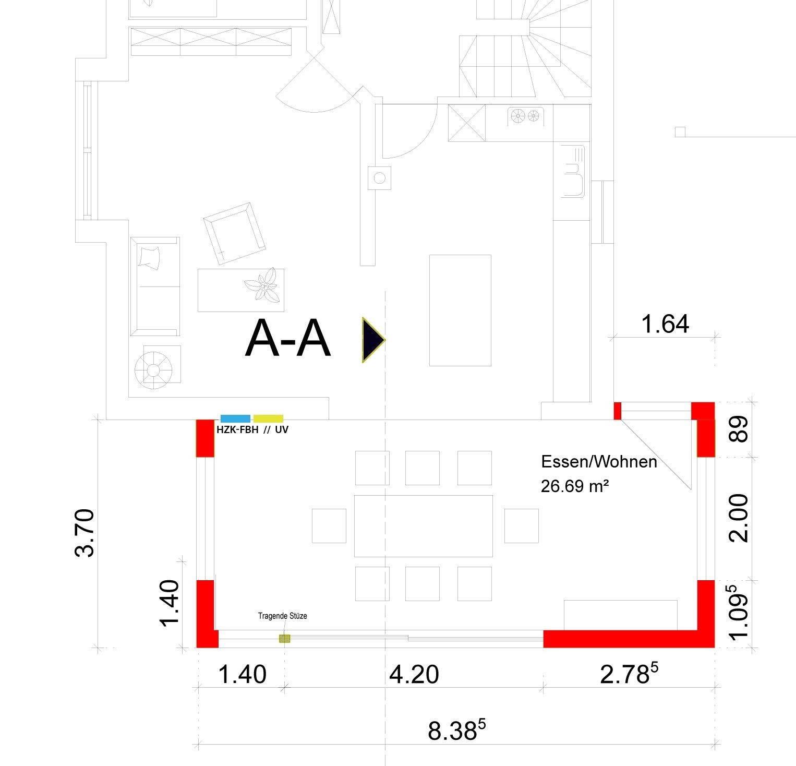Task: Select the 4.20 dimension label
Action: [414, 674]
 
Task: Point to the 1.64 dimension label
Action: [665, 324]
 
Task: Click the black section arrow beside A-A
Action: [372, 340]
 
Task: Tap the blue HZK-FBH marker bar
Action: [235, 418]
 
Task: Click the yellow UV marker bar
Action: [268, 418]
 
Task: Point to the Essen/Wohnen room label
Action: [599, 462]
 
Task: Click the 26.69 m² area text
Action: [575, 486]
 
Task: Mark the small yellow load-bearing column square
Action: [284, 638]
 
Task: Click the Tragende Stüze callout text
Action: [282, 616]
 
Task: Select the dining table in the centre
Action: [423, 525]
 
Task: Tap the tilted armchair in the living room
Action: [234, 234]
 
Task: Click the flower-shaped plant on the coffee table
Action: [264, 286]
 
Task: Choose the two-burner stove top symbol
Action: [525, 116]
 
